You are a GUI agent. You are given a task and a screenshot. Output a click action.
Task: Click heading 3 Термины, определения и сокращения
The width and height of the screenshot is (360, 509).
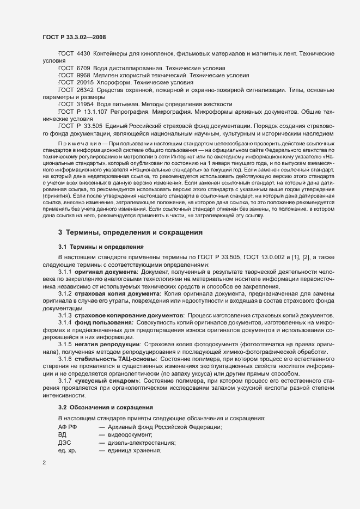pos(131,232)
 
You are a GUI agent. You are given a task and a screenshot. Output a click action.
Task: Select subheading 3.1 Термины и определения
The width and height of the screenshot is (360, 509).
pos(101,246)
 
